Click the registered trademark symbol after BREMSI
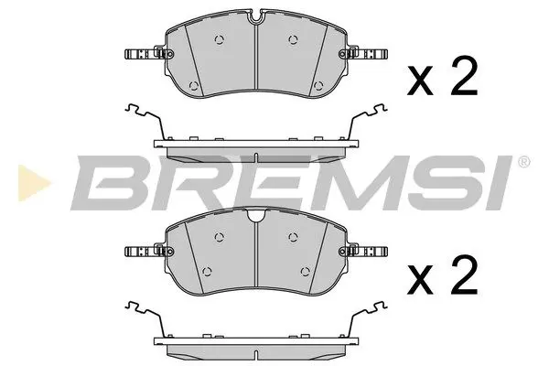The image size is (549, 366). pos(522,163)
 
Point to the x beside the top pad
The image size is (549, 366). pos(420,83)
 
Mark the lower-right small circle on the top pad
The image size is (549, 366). pos(318,87)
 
